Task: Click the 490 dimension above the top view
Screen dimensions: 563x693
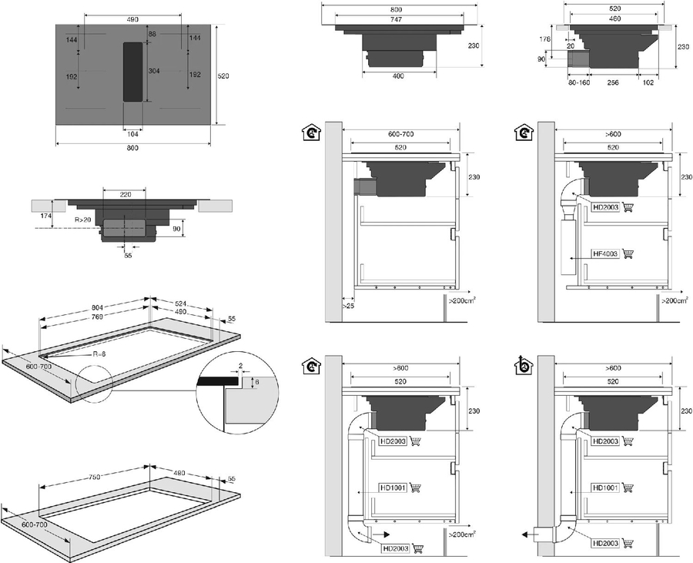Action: tap(132, 18)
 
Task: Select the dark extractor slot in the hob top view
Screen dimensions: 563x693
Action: tap(132, 72)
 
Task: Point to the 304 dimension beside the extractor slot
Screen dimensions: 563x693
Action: tap(153, 71)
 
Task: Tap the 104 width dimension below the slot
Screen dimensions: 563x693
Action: tap(132, 133)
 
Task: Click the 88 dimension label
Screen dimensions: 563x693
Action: tap(152, 34)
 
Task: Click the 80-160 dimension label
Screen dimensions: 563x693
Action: tap(579, 82)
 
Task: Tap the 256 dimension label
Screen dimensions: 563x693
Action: tap(613, 82)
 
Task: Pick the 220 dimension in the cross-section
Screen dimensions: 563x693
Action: tap(126, 194)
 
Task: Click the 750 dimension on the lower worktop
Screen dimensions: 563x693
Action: tap(95, 478)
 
